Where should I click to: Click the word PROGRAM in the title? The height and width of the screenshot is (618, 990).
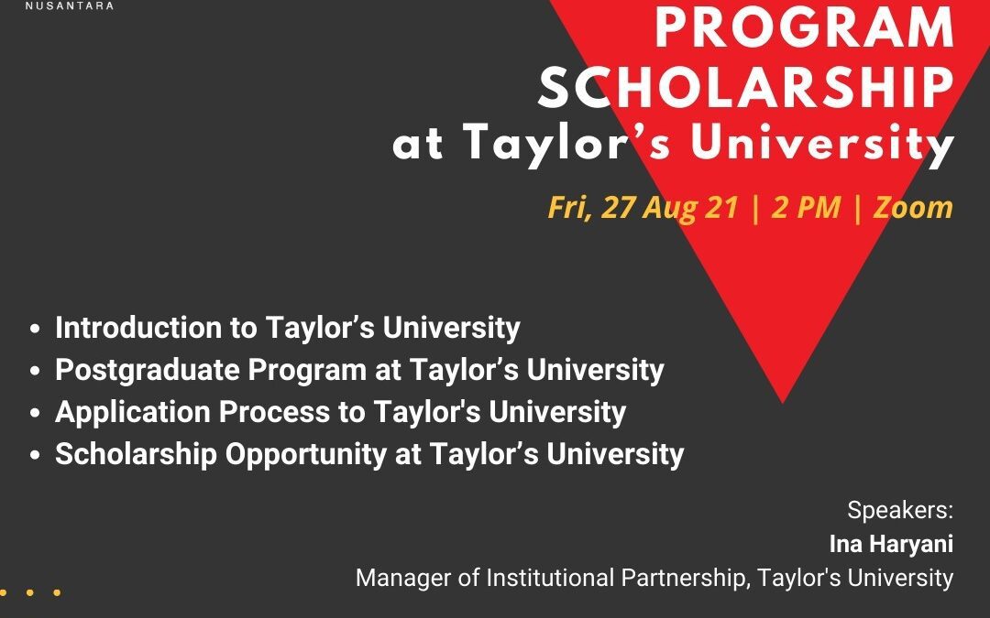click(x=805, y=27)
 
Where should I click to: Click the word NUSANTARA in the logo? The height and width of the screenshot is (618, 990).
click(x=70, y=5)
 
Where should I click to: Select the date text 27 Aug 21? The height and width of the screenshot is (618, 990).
click(x=669, y=207)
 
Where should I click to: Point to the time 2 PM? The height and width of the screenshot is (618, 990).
click(x=807, y=207)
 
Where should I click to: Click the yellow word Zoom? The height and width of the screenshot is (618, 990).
click(x=913, y=207)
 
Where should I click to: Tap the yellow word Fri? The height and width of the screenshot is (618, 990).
click(x=569, y=208)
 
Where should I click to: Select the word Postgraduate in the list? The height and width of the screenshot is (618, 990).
click(x=147, y=370)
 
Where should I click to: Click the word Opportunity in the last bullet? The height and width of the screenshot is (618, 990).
click(x=305, y=455)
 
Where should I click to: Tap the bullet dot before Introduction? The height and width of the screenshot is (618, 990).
click(x=35, y=329)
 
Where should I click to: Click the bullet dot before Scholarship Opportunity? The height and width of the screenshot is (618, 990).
click(x=35, y=455)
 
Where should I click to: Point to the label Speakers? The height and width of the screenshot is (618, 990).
click(x=900, y=510)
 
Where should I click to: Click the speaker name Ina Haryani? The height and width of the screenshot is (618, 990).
click(x=892, y=544)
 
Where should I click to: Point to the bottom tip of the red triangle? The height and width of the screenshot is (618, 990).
click(x=782, y=402)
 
